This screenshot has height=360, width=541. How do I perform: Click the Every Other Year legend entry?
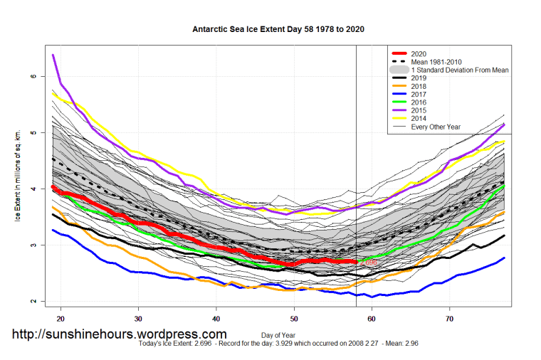coord(436,127)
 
